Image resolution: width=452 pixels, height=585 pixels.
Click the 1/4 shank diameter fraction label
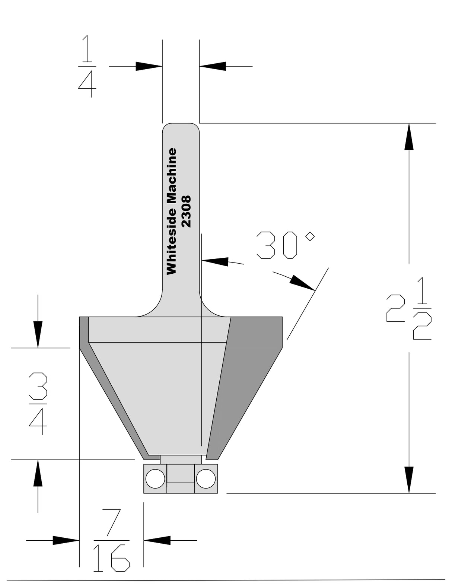tap(87, 66)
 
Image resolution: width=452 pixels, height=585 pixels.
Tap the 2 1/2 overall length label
tap(409, 308)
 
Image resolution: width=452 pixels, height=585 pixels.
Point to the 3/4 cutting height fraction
tap(38, 404)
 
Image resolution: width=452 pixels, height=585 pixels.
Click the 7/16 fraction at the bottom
tap(111, 541)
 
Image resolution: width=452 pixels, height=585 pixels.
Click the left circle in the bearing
tap(155, 479)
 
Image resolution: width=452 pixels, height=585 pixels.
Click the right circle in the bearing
tap(206, 479)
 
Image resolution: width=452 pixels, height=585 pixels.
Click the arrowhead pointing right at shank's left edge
tap(149, 66)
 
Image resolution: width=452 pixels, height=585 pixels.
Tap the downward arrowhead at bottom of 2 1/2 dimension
tap(409, 480)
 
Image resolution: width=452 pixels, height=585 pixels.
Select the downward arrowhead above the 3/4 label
tap(38, 334)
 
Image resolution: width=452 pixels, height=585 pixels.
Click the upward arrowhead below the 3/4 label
tap(38, 473)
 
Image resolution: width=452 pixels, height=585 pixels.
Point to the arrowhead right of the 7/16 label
tap(157, 540)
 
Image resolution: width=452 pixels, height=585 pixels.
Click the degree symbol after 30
tap(310, 236)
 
